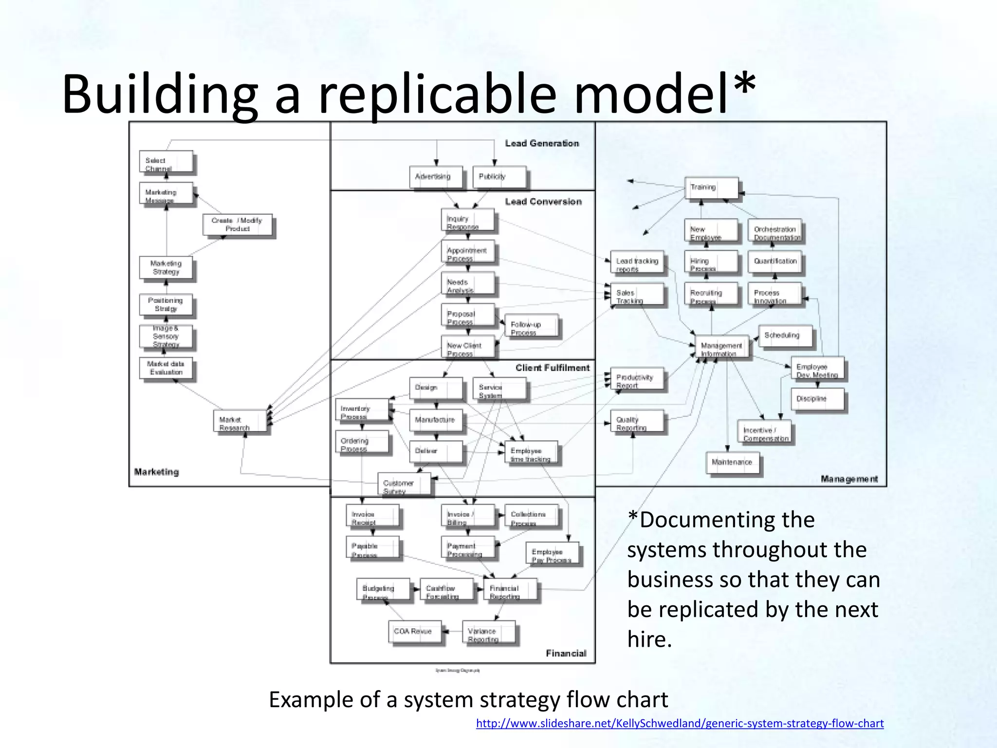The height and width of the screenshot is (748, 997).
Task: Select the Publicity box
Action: [499, 177]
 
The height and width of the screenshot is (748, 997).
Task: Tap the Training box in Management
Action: [711, 187]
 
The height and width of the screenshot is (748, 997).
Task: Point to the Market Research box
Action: [240, 421]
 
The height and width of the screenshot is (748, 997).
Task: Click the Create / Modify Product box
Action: [237, 225]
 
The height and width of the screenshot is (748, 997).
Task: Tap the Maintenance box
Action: [733, 462]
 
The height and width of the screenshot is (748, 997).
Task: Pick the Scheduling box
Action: [785, 336]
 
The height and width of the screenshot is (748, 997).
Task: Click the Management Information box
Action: [721, 348]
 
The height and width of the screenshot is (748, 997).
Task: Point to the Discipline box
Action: [816, 399]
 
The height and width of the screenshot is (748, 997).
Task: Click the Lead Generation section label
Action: [542, 143]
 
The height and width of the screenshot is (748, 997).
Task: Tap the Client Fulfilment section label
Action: [553, 368]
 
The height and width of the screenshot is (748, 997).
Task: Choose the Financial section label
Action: [566, 653]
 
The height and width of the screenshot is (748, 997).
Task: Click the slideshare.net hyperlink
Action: [680, 723]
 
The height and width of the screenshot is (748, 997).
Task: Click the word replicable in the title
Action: [437, 94]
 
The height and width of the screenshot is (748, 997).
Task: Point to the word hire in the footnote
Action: [649, 639]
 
